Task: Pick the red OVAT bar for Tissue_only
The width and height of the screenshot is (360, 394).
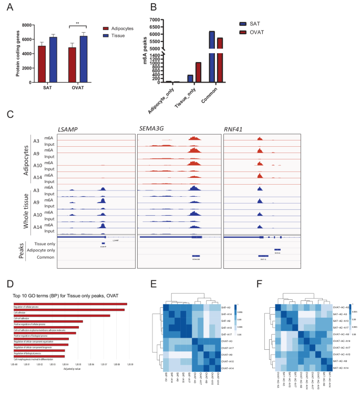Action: click(x=198, y=72)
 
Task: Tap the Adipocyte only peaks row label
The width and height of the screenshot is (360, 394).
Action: click(x=43, y=251)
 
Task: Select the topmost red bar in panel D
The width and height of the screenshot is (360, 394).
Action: click(x=71, y=304)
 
